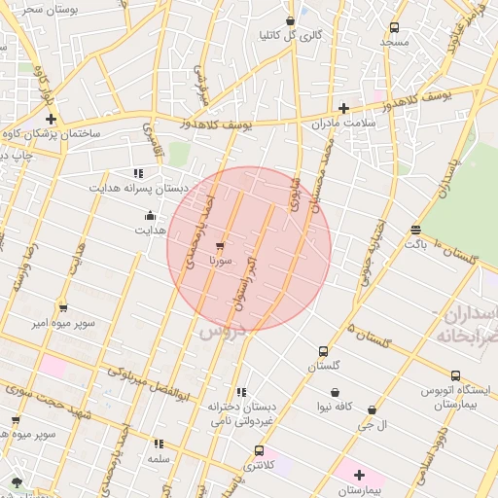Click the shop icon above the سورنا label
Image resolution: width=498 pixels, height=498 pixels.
pyautogui.click(x=220, y=246)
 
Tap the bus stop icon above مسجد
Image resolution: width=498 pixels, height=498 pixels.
pyautogui.click(x=394, y=28)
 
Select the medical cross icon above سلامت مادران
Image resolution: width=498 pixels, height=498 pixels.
pyautogui.click(x=342, y=108)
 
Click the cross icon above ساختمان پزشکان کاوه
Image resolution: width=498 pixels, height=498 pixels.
pyautogui.click(x=51, y=118)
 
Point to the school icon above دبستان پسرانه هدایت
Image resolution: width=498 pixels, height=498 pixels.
pyautogui.click(x=151, y=171)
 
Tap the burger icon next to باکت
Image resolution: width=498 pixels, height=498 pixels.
pyautogui.click(x=416, y=230)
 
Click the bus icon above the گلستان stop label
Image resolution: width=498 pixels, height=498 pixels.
pyautogui.click(x=323, y=351)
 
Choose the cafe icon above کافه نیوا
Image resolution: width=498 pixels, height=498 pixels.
pyautogui.click(x=335, y=392)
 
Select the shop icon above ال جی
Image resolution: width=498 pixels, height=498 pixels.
pyautogui.click(x=373, y=410)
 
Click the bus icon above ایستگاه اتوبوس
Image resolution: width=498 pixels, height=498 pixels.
pyautogui.click(x=455, y=375)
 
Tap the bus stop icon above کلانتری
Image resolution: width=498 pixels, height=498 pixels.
pyautogui.click(x=259, y=450)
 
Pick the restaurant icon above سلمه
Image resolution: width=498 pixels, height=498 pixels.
pyautogui.click(x=159, y=444)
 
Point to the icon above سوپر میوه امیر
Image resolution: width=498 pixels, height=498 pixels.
pyautogui.click(x=63, y=307)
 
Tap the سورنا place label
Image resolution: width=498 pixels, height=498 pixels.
pyautogui.click(x=220, y=262)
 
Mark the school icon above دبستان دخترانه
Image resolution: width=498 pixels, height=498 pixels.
pyautogui.click(x=242, y=392)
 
